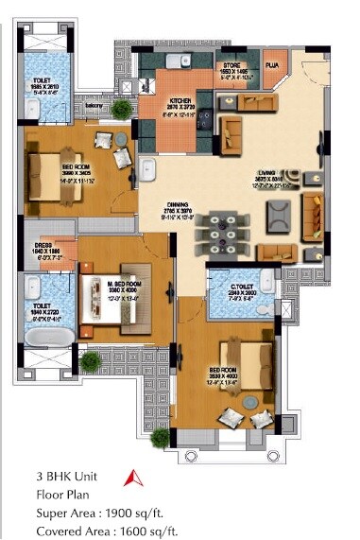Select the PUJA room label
[x=270, y=65]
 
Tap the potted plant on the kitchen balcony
[x=121, y=110]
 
